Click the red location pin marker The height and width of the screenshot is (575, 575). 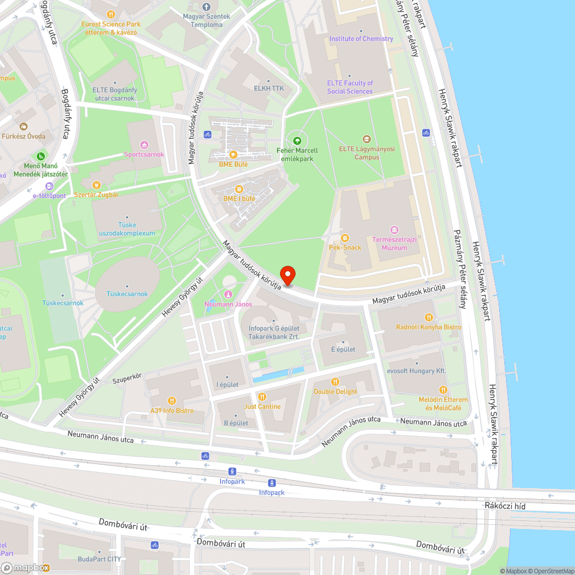287,274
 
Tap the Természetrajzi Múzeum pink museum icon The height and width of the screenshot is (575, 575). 394,230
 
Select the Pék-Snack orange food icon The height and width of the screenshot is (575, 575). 344,237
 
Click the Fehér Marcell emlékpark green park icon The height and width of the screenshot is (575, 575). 297,140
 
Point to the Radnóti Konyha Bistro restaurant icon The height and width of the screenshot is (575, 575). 428,317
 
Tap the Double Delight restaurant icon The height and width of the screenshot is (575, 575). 335,382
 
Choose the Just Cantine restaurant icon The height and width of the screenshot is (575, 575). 262,397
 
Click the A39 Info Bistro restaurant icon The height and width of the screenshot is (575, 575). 171,401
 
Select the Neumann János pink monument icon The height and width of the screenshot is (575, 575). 228,294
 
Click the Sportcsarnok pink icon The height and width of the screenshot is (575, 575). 144,144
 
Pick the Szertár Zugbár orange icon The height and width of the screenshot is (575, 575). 96,185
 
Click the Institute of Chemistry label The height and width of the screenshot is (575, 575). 361,39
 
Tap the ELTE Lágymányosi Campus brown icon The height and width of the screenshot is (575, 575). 367,139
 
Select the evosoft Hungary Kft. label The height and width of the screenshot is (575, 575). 417,371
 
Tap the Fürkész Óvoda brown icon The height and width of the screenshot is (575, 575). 23,126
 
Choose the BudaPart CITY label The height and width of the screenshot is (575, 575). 99,558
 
